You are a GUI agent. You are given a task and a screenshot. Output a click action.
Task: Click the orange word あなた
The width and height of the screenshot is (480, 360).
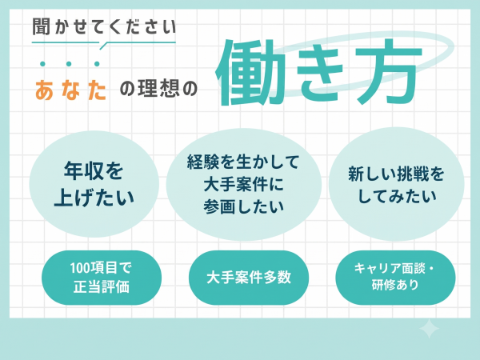tap(71, 90)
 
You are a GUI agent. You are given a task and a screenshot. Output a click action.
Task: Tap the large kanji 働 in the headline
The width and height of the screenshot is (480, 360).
tap(247, 72)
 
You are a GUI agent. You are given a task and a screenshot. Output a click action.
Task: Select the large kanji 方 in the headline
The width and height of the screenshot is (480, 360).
tap(389, 71)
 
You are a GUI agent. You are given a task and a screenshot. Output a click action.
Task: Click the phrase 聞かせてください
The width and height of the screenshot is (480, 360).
tap(104, 26)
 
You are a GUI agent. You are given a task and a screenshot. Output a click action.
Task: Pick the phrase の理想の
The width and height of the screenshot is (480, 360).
tap(158, 89)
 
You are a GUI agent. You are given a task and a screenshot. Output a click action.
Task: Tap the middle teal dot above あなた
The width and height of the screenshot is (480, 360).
tap(69, 64)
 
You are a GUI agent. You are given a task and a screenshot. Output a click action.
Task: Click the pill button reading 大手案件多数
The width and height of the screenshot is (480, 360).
tap(249, 278)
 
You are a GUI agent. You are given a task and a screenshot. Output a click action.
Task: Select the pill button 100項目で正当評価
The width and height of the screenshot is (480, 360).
tap(102, 278)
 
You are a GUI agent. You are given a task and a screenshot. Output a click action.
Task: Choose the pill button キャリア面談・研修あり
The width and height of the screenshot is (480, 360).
tap(395, 278)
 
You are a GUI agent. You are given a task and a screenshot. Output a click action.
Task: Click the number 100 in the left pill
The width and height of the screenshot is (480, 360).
tap(80, 268)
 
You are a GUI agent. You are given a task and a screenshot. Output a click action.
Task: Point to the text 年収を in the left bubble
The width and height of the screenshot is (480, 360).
tap(94, 170)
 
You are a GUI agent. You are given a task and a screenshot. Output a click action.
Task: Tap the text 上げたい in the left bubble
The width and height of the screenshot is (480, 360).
tap(94, 197)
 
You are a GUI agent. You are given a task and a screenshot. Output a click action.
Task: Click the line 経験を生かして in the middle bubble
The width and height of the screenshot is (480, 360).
tap(243, 162)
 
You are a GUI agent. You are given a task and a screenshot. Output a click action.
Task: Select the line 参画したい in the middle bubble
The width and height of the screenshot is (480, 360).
tap(244, 206)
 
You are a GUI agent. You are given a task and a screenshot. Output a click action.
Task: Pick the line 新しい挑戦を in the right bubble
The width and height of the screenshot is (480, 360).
tap(396, 174)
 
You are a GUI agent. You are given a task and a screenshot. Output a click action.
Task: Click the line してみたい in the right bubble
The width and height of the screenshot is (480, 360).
tap(397, 196)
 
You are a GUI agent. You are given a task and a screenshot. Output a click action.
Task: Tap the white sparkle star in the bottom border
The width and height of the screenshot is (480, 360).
tap(429, 329)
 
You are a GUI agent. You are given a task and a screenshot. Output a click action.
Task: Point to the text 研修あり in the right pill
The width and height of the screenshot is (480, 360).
tap(395, 285)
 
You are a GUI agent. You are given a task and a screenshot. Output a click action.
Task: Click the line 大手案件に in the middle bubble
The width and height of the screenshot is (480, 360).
tap(244, 184)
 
